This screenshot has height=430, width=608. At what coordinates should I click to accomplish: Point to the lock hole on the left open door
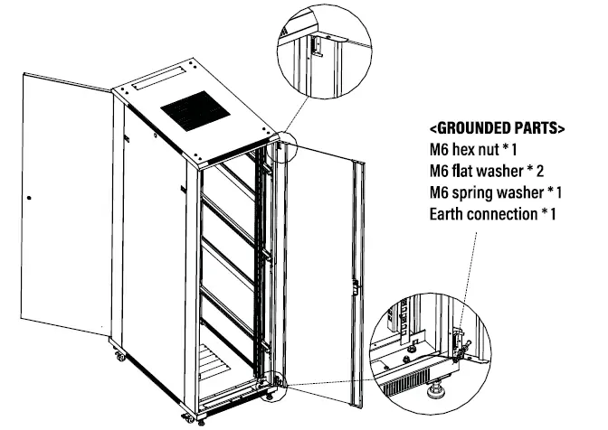(30, 198)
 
